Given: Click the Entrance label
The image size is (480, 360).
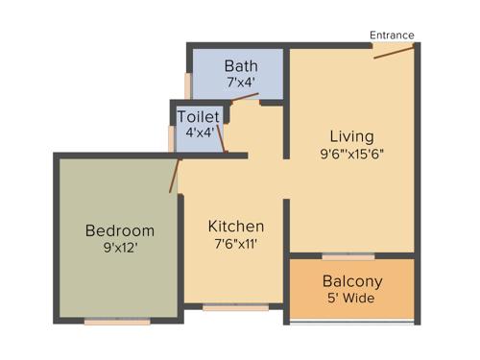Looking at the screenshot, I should tap(392, 36).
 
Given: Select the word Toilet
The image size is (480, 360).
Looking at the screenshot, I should tap(199, 116).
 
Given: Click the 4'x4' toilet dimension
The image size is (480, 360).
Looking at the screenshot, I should tap(199, 132).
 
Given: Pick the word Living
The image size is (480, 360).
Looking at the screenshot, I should tap(352, 135).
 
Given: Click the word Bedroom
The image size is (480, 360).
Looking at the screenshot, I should tap(120, 230).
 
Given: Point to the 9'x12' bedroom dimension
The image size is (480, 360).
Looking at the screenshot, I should tap(120, 248).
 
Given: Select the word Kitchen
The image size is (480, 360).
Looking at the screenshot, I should tap(236, 227).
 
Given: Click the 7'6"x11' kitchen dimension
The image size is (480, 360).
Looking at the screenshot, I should tap(236, 244).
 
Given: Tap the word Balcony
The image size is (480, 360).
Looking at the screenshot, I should tap(352, 281).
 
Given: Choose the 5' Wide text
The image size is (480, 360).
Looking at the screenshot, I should tap(352, 299).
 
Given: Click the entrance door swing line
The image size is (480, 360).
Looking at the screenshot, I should tap(394, 51).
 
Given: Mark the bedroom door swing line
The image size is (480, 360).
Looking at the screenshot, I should tap(175, 175).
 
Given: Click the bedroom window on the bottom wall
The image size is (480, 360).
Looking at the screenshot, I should tap(117, 322).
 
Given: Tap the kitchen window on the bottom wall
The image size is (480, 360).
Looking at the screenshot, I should tap(236, 307).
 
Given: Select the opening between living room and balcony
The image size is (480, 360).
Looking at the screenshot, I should tap(348, 256).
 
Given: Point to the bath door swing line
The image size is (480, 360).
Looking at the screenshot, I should tap(246, 96).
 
